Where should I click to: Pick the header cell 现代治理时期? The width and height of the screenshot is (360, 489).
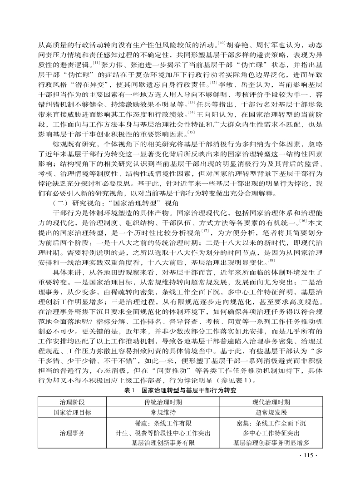(x=271, y=402)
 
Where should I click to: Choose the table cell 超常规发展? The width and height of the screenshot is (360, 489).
(x=271, y=413)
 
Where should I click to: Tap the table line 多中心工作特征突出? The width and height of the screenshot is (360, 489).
(x=271, y=433)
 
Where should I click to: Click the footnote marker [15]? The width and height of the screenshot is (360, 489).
(x=191, y=132)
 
